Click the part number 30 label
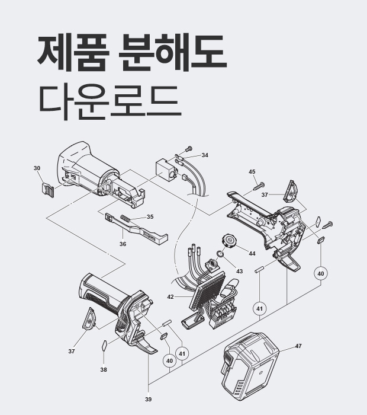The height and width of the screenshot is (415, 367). (37, 168)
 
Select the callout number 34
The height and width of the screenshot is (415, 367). (205, 155)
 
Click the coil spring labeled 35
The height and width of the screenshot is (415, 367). (125, 219)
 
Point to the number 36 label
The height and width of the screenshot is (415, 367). (123, 244)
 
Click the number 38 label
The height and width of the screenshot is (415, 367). (104, 369)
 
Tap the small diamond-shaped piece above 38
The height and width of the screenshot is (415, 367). (104, 346)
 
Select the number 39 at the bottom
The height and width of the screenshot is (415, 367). (148, 399)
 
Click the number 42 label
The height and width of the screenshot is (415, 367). (170, 297)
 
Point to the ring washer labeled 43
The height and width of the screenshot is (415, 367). (220, 254)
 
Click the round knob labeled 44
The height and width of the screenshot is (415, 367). (228, 241)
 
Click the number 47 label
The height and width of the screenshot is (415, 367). (298, 346)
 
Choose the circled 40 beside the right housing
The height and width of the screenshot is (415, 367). (320, 273)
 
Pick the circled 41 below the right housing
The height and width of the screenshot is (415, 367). (260, 309)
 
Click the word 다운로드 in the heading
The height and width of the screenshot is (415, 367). (111, 102)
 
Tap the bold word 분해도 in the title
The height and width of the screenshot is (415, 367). (172, 52)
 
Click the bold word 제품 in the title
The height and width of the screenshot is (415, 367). (73, 52)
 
